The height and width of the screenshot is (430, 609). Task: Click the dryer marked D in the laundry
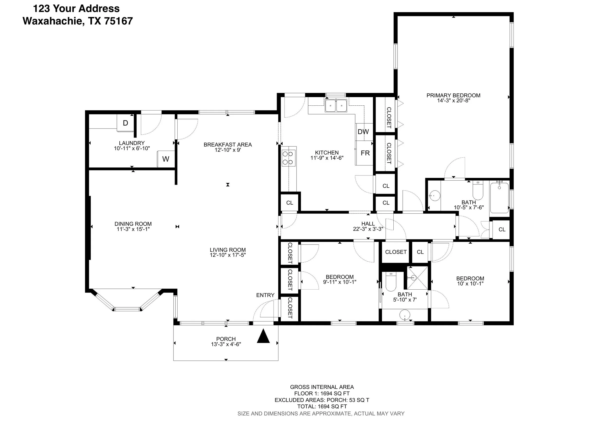(x=125, y=123)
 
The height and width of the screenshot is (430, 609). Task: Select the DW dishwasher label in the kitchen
(x=363, y=132)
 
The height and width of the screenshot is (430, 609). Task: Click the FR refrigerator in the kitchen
(x=365, y=153)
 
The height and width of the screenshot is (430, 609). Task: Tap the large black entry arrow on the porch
(x=263, y=337)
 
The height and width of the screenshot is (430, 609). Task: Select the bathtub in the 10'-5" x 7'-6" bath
(x=499, y=198)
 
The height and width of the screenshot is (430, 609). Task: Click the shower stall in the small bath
(x=417, y=278)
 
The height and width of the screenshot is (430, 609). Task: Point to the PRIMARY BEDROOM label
(x=453, y=95)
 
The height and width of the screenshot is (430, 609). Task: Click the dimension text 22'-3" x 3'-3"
(x=368, y=229)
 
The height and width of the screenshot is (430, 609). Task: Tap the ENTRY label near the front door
(x=265, y=295)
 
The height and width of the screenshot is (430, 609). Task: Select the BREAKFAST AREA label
(x=228, y=145)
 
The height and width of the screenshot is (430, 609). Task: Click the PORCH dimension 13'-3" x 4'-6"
(x=226, y=344)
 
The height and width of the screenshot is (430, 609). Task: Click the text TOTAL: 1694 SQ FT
(x=322, y=406)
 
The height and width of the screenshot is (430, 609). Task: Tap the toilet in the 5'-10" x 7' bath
(x=391, y=283)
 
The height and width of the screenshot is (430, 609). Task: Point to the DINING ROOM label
(x=133, y=224)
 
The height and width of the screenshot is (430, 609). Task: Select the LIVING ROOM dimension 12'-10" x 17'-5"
(x=228, y=255)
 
